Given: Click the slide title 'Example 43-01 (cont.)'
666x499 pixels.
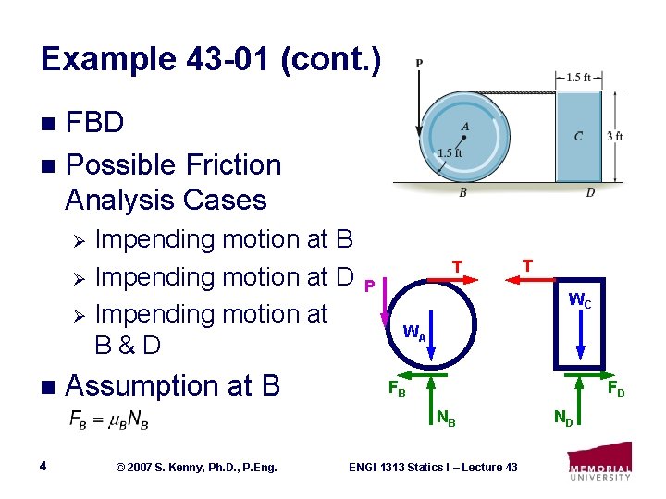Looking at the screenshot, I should (x=211, y=60).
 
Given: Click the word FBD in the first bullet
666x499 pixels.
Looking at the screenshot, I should (x=95, y=122).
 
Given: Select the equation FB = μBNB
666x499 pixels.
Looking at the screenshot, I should (x=108, y=420).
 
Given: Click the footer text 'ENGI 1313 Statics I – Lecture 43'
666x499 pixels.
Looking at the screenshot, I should (x=433, y=467).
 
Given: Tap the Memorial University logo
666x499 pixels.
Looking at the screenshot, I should (x=600, y=462).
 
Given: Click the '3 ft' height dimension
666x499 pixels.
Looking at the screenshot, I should (x=614, y=136).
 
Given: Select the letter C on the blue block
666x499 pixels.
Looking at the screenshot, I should (x=578, y=137).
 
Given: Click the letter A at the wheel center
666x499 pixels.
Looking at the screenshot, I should (x=464, y=127).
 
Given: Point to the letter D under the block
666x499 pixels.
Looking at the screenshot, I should (x=590, y=193).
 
